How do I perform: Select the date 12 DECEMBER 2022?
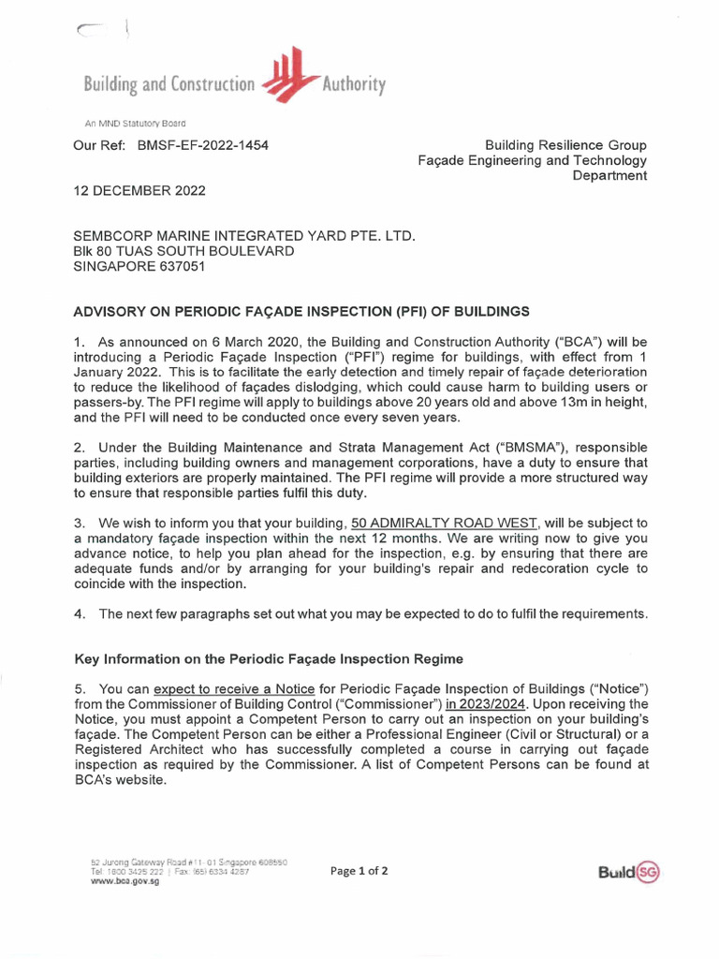point(139,190)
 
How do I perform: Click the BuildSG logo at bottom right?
point(628,873)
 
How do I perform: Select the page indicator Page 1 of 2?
point(359,871)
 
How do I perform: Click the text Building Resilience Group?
point(565,145)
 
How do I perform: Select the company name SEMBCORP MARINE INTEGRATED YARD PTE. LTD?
point(243,236)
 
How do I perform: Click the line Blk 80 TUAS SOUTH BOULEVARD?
point(183,251)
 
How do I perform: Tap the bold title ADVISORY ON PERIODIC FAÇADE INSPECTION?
point(301,311)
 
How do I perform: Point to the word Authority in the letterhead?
point(354,85)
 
